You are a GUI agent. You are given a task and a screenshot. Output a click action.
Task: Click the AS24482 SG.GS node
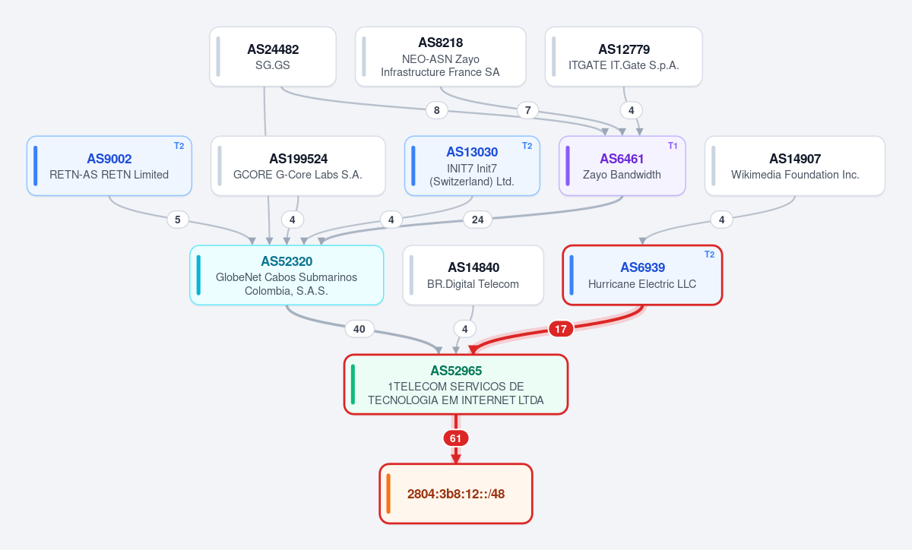[x=273, y=56]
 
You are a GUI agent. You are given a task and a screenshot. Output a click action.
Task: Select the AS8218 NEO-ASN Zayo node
[x=441, y=56]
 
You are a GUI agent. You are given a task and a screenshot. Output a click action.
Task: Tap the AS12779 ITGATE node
[x=624, y=56]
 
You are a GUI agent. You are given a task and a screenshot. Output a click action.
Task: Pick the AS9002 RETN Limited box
[x=109, y=166]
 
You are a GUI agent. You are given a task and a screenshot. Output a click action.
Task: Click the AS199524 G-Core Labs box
[x=298, y=166]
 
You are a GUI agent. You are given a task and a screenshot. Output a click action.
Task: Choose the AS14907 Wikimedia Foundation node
[x=795, y=166]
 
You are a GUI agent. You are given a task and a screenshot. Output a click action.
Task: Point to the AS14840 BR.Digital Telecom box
[x=473, y=275]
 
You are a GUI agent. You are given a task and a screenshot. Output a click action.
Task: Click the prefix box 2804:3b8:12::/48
[x=456, y=494]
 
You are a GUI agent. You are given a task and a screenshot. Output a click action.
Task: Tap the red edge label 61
[x=455, y=438]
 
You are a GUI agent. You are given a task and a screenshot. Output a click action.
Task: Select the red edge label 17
[x=561, y=329]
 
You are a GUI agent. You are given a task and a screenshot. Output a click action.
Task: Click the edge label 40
[x=359, y=329]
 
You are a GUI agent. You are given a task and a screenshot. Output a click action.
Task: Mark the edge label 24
[x=477, y=220]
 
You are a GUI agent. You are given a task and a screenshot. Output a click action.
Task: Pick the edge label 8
[x=436, y=110]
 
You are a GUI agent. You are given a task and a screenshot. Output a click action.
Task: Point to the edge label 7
[x=527, y=110]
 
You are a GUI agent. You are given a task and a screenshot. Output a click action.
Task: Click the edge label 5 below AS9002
[x=178, y=220]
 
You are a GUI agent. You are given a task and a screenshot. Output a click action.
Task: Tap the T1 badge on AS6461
[x=673, y=146]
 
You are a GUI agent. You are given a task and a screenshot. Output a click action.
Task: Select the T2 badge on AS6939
[x=709, y=254]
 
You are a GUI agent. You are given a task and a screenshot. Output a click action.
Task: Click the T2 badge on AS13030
[x=527, y=146]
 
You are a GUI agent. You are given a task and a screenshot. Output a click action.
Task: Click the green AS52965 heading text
[x=456, y=371]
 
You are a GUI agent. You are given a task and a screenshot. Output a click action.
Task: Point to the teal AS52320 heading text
[x=287, y=261]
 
